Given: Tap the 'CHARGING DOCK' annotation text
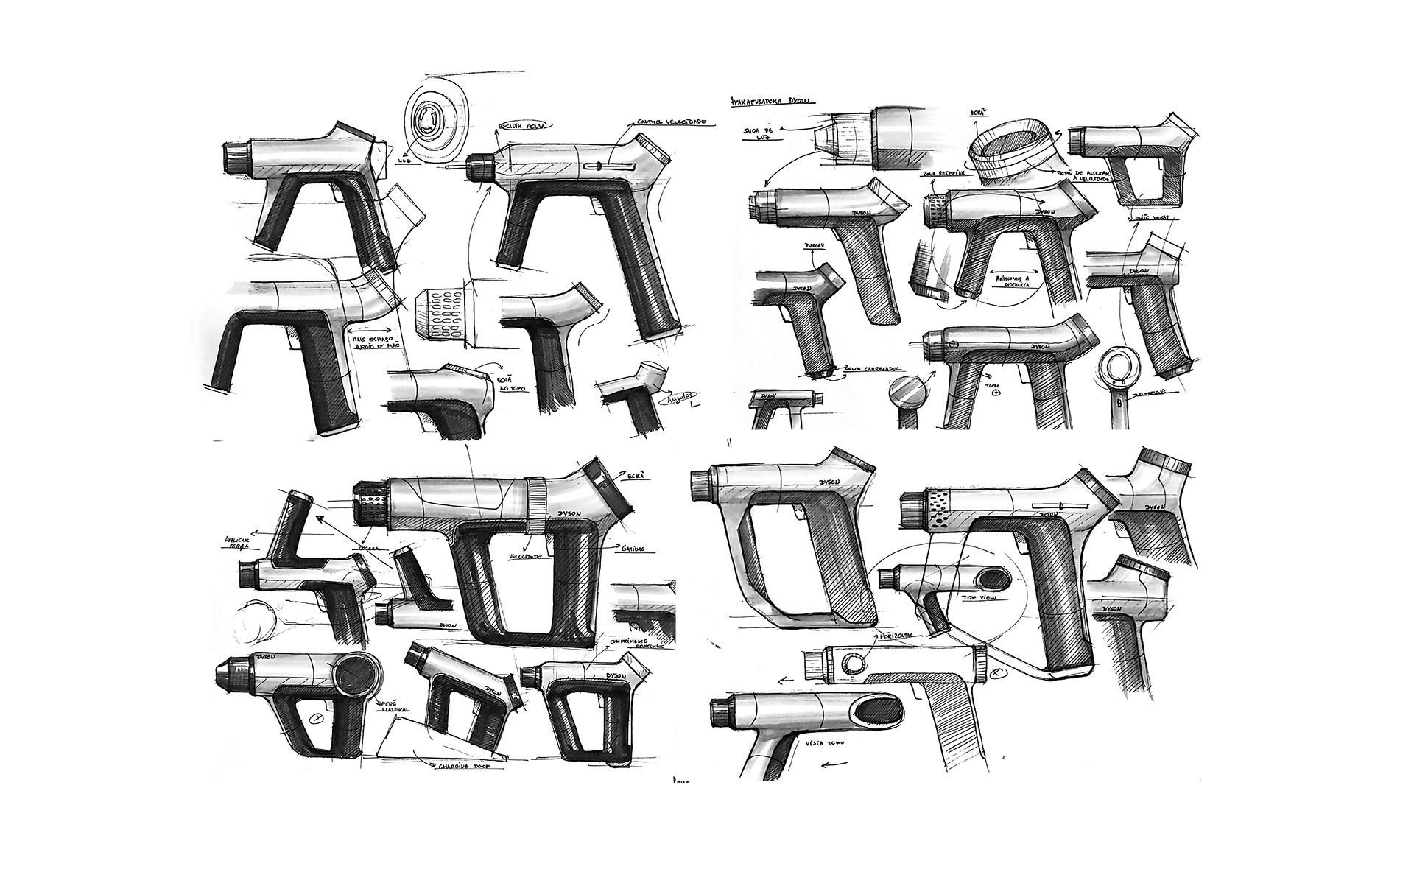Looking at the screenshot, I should click(460, 767).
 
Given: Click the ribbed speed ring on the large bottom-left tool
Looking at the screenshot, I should click(535, 503).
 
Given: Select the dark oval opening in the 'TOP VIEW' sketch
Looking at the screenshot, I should click(993, 575).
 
